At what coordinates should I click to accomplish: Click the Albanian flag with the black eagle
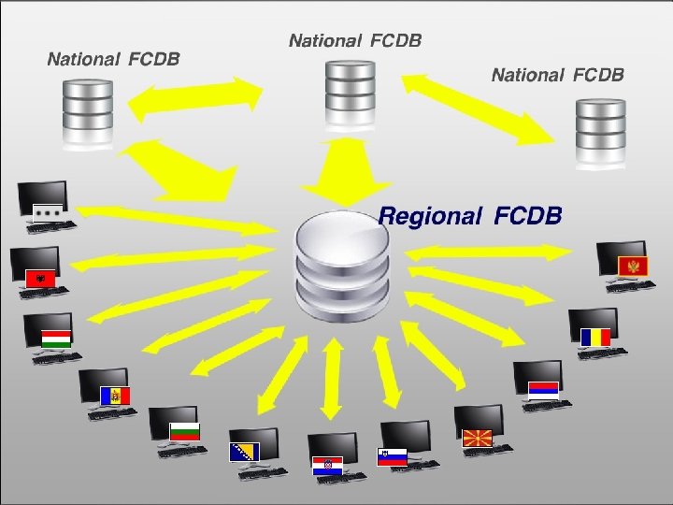point(41,279)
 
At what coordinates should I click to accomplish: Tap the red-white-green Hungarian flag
point(56,338)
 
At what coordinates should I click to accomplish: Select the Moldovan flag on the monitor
point(116,396)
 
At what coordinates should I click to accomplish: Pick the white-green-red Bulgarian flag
point(183,431)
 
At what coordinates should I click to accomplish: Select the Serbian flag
point(543,390)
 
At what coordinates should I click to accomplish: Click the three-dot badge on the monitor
point(48,211)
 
